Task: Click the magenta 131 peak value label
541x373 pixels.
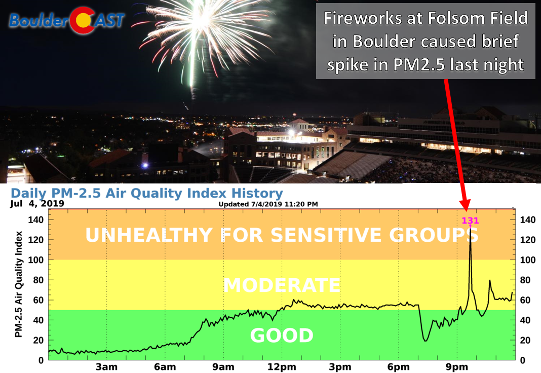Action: pos(470,220)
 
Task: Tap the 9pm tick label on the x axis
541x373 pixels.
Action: pos(457,367)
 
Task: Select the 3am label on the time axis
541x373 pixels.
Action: pos(106,367)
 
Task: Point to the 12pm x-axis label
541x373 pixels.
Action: pos(282,367)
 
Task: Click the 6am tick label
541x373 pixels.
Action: pos(165,367)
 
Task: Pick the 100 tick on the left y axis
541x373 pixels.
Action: pos(35,260)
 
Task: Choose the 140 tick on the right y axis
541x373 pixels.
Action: pos(528,220)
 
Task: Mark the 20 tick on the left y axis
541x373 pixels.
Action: pos(38,340)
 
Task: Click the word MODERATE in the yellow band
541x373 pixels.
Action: pos(282,285)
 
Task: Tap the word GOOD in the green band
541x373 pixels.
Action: pos(282,335)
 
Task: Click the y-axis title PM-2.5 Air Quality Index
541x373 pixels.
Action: pos(19,284)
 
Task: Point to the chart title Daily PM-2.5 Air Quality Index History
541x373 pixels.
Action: pos(147,193)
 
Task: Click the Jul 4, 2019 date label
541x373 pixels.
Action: pos(37,204)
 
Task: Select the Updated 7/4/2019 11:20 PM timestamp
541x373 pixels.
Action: pos(268,204)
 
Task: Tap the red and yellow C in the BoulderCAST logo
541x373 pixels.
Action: pos(83,20)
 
